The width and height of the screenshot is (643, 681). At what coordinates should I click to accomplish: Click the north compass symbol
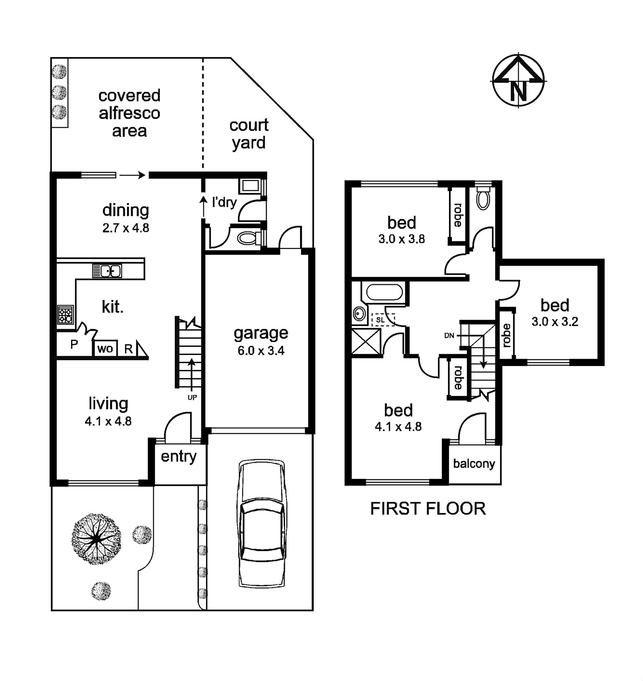pyautogui.click(x=519, y=80)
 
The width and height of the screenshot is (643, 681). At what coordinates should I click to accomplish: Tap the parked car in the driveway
pyautogui.click(x=261, y=524)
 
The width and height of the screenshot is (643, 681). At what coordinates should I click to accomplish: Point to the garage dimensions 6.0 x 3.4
pyautogui.click(x=261, y=351)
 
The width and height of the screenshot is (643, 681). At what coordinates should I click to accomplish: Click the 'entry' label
pyautogui.click(x=179, y=457)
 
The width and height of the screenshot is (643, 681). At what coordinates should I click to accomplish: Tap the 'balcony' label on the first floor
pyautogui.click(x=474, y=464)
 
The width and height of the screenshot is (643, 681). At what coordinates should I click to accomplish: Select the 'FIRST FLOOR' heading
pyautogui.click(x=428, y=509)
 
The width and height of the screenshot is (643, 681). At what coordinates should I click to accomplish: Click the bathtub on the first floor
pyautogui.click(x=384, y=293)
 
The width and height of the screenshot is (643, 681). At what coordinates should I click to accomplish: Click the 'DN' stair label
pyautogui.click(x=449, y=336)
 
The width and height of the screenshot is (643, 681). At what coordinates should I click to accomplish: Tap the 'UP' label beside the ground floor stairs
pyautogui.click(x=192, y=398)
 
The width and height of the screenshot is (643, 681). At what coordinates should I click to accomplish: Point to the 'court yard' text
pyautogui.click(x=249, y=134)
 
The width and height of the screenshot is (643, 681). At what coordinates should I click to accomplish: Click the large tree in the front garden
pyautogui.click(x=97, y=539)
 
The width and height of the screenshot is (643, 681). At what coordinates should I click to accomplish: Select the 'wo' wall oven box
pyautogui.click(x=105, y=349)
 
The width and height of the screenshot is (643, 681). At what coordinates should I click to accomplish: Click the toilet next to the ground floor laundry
pyautogui.click(x=249, y=238)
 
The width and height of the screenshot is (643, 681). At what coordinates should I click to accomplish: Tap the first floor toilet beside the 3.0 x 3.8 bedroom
pyautogui.click(x=483, y=199)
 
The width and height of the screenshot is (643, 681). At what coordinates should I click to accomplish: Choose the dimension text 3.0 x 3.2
pyautogui.click(x=555, y=322)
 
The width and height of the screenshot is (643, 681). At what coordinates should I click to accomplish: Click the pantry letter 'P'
pyautogui.click(x=74, y=344)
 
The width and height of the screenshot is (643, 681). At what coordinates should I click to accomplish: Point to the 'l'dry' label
pyautogui.click(x=224, y=202)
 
